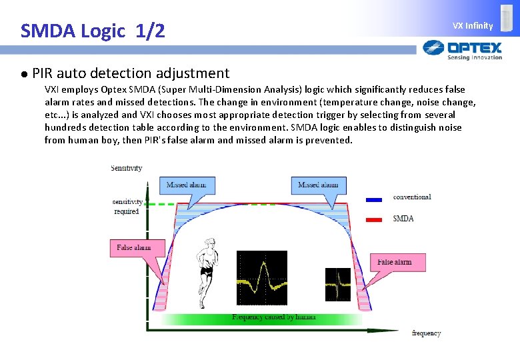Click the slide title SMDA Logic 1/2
(93, 31)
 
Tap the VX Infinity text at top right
(473, 26)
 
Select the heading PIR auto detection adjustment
(131, 73)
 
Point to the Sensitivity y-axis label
(126, 168)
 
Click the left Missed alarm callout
(186, 185)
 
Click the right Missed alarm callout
(318, 185)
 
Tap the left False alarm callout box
(134, 248)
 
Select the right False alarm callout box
(394, 262)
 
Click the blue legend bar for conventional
(373, 199)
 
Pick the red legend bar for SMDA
(373, 219)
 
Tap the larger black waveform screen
(262, 277)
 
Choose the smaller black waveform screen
(337, 284)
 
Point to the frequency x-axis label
(426, 333)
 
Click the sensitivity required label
(126, 207)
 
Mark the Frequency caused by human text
(273, 317)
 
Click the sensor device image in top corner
(507, 19)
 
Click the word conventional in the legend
(412, 197)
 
